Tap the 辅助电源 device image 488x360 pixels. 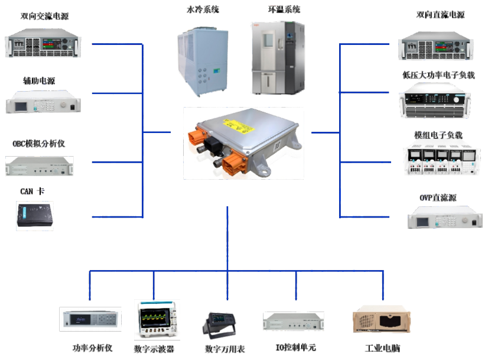(43, 103)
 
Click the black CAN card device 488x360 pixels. (34, 215)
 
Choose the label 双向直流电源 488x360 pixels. (440, 15)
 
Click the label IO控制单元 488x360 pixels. (296, 348)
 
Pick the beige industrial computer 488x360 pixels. (381, 322)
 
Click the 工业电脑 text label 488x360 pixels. (382, 348)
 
